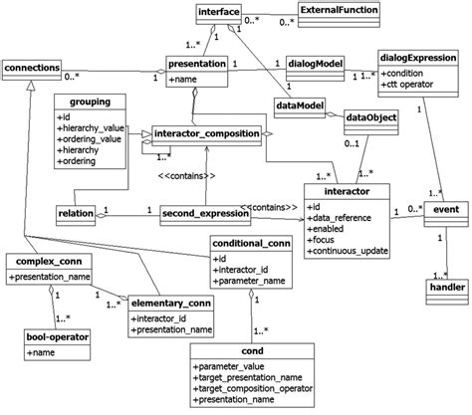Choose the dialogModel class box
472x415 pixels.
(x=314, y=63)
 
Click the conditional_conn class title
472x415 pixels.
(x=250, y=241)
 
